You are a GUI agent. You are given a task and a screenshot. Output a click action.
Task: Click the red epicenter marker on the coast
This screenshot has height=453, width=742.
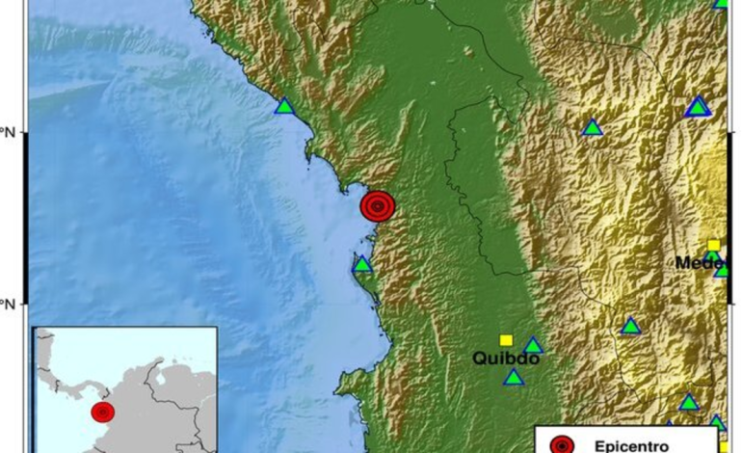coord(378,205)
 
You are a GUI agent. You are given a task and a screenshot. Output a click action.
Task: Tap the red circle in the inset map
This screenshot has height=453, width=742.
coord(102,413)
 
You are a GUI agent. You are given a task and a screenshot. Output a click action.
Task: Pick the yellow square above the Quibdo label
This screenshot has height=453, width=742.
coord(506,339)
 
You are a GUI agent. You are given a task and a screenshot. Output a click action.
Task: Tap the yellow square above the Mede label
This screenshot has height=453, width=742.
coord(714,245)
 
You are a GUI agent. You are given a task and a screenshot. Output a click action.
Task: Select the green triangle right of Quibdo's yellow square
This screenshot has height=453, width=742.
coord(533,345)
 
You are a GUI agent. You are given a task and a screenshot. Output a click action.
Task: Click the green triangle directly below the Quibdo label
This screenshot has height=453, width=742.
coord(514,377)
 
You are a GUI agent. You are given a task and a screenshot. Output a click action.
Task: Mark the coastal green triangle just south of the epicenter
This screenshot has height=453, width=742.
coord(362,264)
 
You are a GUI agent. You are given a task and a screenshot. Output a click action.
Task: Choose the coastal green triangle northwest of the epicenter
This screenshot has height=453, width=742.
coord(283,106)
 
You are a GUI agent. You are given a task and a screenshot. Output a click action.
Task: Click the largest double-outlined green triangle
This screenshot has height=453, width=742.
coord(698,107)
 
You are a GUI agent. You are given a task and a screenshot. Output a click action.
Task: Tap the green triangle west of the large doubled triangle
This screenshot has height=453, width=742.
coord(593,127)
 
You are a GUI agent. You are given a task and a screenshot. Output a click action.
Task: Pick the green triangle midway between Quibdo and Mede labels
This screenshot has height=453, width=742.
coord(630,327)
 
